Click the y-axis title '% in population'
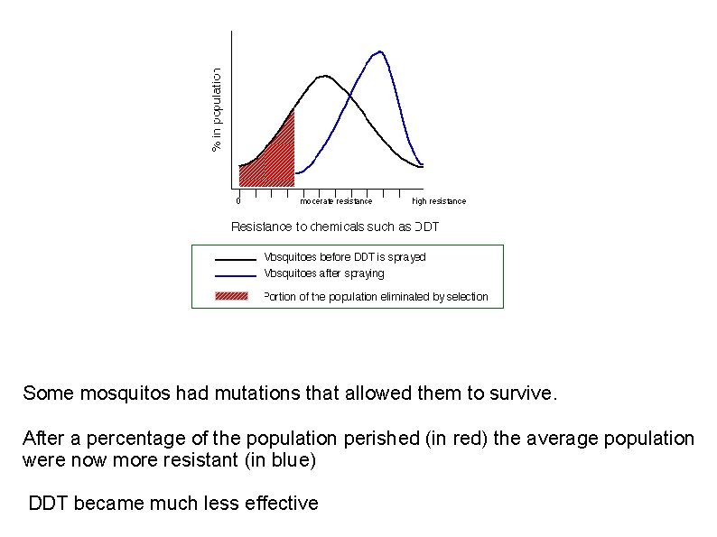tap(217, 110)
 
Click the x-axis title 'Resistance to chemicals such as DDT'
tap(335, 227)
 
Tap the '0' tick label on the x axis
tap(237, 201)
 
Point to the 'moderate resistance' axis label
tap(336, 201)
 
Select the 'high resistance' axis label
tap(439, 201)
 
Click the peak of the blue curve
tap(380, 51)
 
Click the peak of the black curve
tap(324, 76)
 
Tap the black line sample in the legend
tap(235, 258)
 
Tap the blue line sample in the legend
tap(235, 274)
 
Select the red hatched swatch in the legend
tap(231, 296)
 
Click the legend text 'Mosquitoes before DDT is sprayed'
tap(344, 257)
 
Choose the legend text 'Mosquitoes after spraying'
tap(323, 273)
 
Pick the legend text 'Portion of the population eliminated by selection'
tap(375, 297)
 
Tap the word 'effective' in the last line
tap(281, 504)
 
